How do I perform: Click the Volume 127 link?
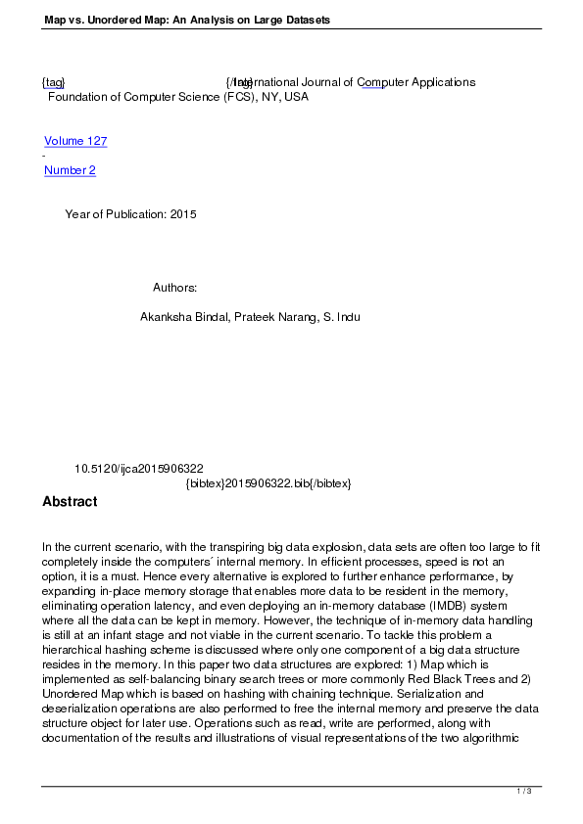pyautogui.click(x=75, y=141)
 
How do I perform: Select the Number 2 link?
pyautogui.click(x=70, y=170)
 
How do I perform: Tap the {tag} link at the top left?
pyautogui.click(x=53, y=82)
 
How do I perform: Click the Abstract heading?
pyautogui.click(x=70, y=502)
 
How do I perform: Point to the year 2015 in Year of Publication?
pyautogui.click(x=183, y=214)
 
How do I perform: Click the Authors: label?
pyautogui.click(x=175, y=288)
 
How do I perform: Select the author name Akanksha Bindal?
pyautogui.click(x=183, y=318)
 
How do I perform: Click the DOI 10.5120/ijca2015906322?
pyautogui.click(x=139, y=469)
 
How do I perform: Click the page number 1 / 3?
pyautogui.click(x=524, y=790)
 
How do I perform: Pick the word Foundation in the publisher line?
pyautogui.click(x=79, y=97)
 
